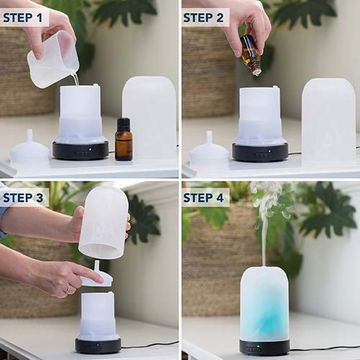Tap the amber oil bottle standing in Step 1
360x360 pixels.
point(123,140)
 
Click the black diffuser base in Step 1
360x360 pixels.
point(80,150)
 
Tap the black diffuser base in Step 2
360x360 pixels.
point(260,152)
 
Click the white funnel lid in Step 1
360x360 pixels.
point(30,150)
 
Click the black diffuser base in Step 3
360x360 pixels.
point(97,345)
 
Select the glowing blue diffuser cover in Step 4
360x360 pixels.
point(264,302)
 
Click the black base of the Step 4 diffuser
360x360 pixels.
point(264,347)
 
